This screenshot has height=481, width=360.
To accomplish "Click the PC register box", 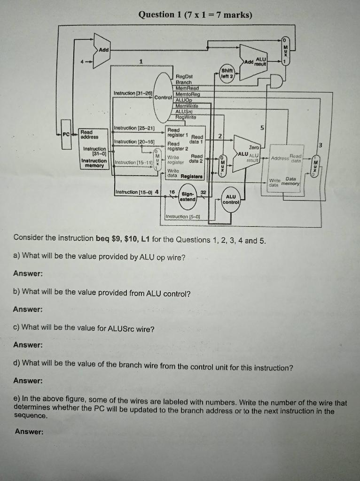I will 67,134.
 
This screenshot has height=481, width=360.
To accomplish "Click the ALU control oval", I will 231,200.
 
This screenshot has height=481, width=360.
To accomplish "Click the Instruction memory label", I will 95,163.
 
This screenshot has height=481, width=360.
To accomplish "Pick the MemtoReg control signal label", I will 187,94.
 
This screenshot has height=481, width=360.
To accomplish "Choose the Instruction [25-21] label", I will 134,128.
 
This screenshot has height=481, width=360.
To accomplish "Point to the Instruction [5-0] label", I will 182,216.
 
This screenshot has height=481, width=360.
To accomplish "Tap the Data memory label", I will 290,181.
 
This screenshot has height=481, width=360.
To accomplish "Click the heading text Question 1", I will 156,15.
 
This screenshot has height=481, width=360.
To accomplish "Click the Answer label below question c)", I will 28,345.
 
